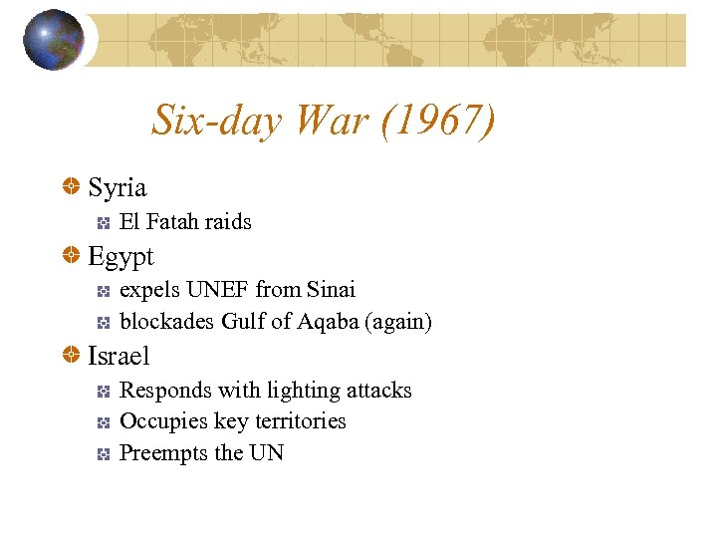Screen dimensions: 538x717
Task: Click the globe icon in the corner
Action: pos(54,40)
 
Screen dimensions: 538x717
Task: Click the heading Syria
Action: pos(118,187)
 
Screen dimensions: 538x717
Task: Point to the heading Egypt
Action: pos(121,257)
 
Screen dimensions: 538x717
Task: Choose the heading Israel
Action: pos(119,356)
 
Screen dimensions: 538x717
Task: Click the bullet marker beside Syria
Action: pos(72,187)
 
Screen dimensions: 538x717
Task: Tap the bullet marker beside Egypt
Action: pos(72,257)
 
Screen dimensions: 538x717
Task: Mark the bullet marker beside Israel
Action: pos(72,356)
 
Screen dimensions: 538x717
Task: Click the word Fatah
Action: pos(172,221)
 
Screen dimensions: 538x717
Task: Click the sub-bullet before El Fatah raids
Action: pos(103,222)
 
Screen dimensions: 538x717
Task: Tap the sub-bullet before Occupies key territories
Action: pos(103,422)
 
